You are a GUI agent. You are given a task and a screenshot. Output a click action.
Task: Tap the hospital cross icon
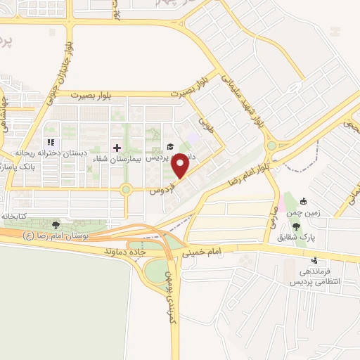(117, 148)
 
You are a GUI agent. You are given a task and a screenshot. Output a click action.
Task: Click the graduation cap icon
(169, 147)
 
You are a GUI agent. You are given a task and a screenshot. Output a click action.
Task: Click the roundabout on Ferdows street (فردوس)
(126, 188)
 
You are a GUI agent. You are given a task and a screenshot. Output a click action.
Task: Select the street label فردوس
(161, 189)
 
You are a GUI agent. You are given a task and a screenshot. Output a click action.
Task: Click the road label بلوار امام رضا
(249, 172)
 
